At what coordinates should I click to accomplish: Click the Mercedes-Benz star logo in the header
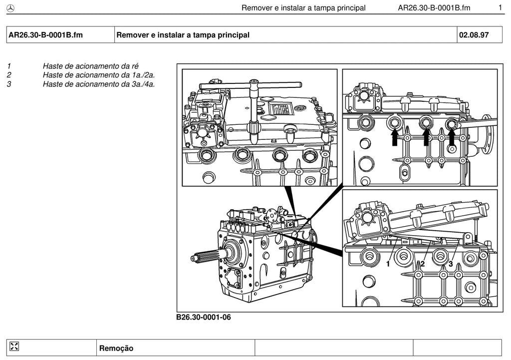(x=11, y=8)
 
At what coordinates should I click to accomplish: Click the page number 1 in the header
(x=500, y=7)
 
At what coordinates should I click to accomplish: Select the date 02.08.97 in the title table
(x=474, y=35)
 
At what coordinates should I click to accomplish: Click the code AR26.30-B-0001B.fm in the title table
(x=45, y=35)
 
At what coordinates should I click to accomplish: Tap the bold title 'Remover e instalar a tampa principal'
(x=183, y=35)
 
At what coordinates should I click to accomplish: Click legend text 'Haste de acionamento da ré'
(x=91, y=66)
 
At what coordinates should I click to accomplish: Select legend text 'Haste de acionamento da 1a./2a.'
(x=99, y=75)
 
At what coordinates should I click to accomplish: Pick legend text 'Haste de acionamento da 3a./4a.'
(x=99, y=84)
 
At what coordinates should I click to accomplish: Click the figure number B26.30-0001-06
(x=204, y=317)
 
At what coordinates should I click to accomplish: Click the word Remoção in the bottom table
(x=116, y=348)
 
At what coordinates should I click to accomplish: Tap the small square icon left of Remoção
(x=14, y=347)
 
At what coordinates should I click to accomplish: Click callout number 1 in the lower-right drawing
(x=388, y=264)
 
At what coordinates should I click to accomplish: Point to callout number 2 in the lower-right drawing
(x=422, y=264)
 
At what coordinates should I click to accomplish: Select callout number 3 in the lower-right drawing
(x=451, y=264)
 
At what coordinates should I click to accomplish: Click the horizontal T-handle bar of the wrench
(x=251, y=85)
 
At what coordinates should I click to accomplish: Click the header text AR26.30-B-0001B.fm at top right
(x=434, y=8)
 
